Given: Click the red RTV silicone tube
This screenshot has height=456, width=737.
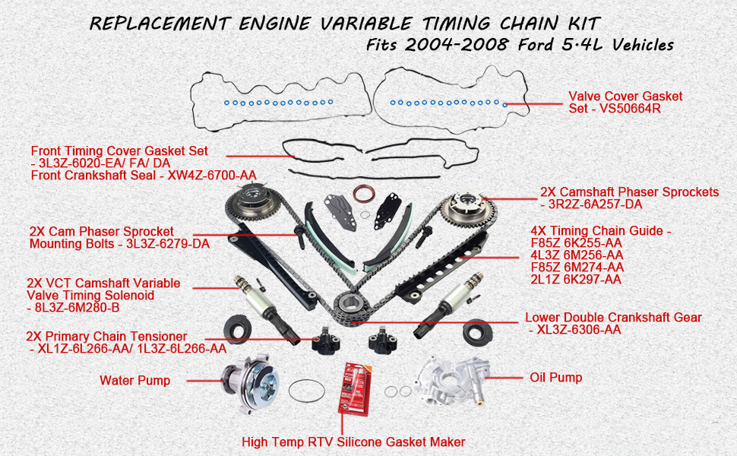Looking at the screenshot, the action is (355, 389).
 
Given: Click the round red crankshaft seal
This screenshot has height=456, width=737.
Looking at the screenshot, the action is (364, 194).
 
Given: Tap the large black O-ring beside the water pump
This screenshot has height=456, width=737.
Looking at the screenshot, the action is (306, 391).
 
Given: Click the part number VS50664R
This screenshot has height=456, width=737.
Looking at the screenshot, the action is (630, 109).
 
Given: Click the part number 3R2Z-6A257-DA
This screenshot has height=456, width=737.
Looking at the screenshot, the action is (595, 204).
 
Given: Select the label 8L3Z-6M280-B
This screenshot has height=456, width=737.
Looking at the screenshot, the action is (77, 308).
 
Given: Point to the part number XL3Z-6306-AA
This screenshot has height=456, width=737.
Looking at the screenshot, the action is (579, 330).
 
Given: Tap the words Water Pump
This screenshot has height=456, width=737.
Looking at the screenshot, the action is (135, 380).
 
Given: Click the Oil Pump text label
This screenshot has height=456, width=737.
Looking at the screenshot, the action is (556, 378).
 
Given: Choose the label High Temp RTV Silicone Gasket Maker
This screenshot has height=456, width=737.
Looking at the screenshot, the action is (353, 442).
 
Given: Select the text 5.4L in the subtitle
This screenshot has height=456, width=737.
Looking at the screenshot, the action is (582, 45).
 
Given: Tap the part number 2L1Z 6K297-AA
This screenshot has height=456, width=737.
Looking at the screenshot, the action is (576, 280).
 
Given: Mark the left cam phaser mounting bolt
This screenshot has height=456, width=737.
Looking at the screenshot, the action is (299, 237).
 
